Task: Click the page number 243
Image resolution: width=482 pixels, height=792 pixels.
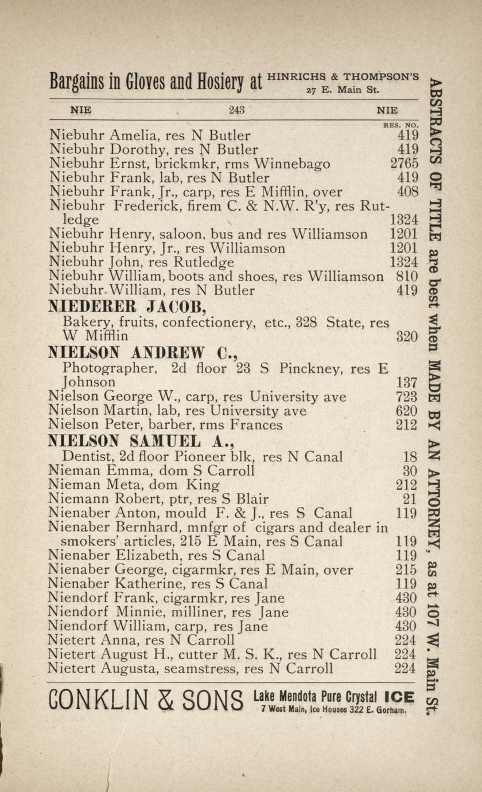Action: (x=237, y=110)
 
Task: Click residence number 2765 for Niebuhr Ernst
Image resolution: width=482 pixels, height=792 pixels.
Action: (x=404, y=164)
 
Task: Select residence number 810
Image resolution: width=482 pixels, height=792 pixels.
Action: (x=407, y=277)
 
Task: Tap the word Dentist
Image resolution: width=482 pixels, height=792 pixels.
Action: (x=86, y=457)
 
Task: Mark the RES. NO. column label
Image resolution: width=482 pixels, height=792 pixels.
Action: (x=401, y=124)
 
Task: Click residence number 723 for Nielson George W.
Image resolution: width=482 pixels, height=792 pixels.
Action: (x=407, y=397)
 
